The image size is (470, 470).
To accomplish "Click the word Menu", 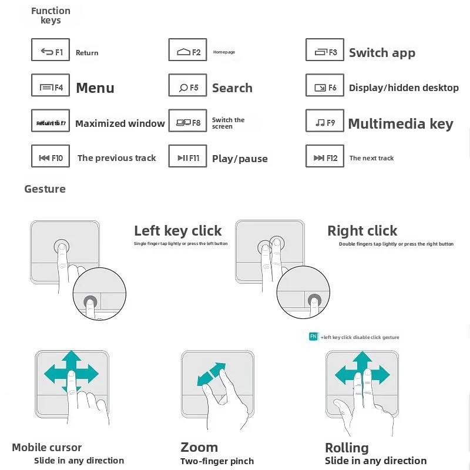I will pyautogui.click(x=95, y=88).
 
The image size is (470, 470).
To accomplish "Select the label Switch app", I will pyautogui.click(x=382, y=53).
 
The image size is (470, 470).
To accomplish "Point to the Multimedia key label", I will pyautogui.click(x=401, y=124).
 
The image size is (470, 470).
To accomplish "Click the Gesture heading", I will pyautogui.click(x=45, y=189).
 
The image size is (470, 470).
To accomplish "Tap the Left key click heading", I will pyautogui.click(x=178, y=231).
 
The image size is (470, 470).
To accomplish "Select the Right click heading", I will pyautogui.click(x=362, y=231).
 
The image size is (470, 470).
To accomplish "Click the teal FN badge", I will pyautogui.click(x=314, y=337).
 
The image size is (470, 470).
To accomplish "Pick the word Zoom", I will pyautogui.click(x=199, y=447).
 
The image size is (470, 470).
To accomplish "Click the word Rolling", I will pyautogui.click(x=347, y=448).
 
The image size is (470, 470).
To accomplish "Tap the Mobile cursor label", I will pyautogui.click(x=47, y=448).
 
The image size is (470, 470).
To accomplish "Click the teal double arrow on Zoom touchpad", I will pyautogui.click(x=211, y=374).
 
